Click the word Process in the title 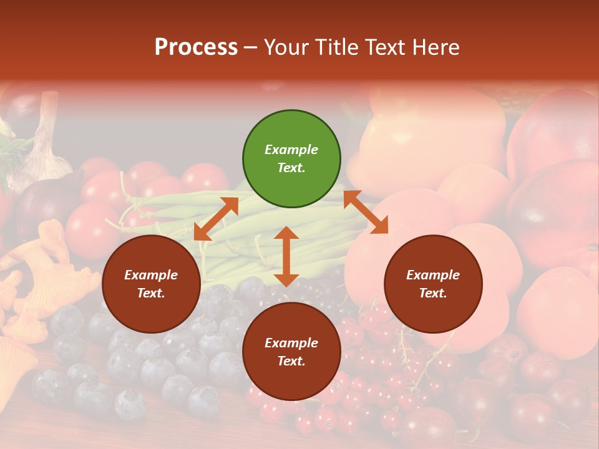pyautogui.click(x=196, y=47)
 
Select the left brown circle pyautogui.click(x=151, y=284)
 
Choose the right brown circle pyautogui.click(x=433, y=284)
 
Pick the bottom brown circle pyautogui.click(x=291, y=352)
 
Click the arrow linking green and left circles pyautogui.click(x=216, y=219)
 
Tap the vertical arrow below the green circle pyautogui.click(x=286, y=256)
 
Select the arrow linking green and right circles pyautogui.click(x=366, y=213)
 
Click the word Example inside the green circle pyautogui.click(x=291, y=150)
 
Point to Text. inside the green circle pyautogui.click(x=291, y=168)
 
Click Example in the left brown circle pyautogui.click(x=151, y=275)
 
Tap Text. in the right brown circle pyautogui.click(x=433, y=293)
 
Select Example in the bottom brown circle pyautogui.click(x=291, y=343)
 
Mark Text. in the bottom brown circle pyautogui.click(x=291, y=361)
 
